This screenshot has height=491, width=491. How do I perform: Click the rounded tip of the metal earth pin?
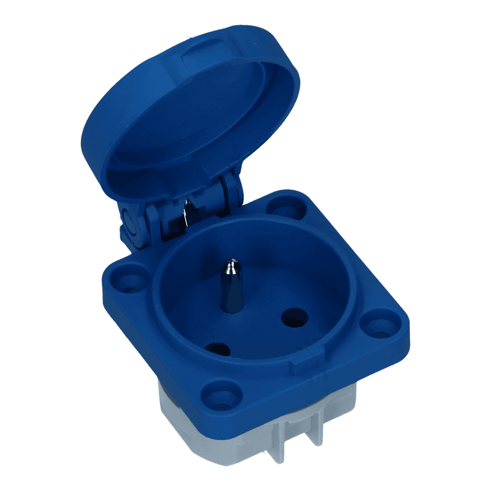point(229,267)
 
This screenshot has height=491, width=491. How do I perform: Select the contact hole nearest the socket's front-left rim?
point(217,349)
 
